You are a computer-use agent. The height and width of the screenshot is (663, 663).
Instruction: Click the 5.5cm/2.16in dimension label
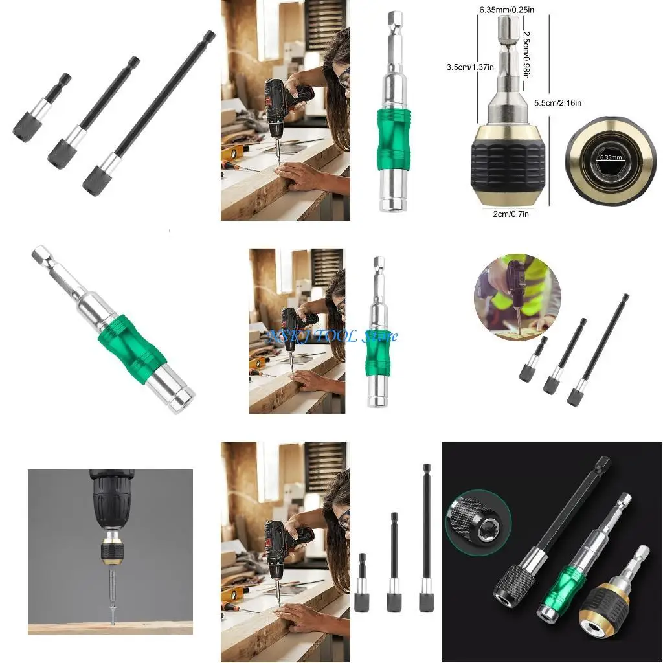pos(557,103)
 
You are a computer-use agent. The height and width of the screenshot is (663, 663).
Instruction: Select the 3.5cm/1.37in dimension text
pos(469,67)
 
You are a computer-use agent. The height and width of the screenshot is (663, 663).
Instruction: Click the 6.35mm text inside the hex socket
pos(610,157)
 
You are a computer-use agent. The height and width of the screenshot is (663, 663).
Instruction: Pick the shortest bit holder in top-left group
pos(40,109)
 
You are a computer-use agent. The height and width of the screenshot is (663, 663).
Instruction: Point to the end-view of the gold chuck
pos(610,158)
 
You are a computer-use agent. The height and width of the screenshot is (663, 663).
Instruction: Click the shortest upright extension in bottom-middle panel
pos(362,583)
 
